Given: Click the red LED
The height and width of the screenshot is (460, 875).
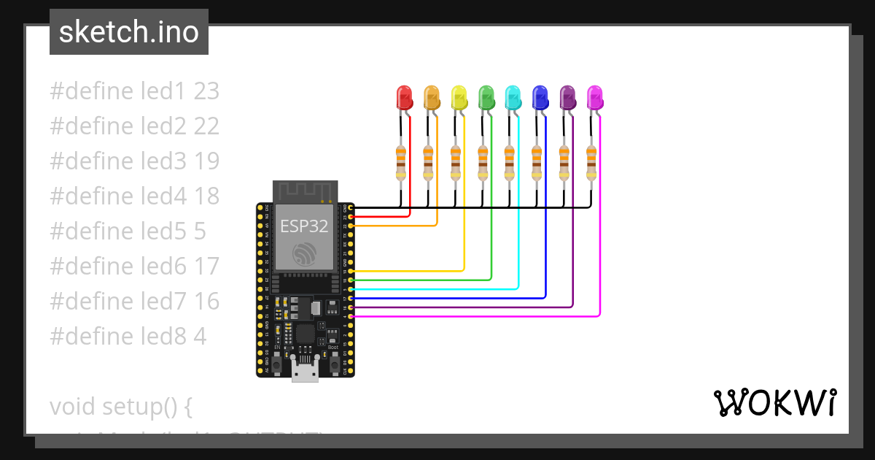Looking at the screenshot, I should click(404, 97).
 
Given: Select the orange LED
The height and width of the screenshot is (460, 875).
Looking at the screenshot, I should click(432, 97).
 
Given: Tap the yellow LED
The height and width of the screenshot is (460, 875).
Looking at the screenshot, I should click(459, 97).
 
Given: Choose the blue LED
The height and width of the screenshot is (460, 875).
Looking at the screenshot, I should click(540, 97).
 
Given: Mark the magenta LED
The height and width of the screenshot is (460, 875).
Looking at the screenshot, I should click(595, 97).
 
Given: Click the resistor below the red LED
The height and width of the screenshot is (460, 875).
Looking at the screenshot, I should click(400, 161).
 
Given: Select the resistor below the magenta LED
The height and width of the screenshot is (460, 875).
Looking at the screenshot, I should click(591, 161).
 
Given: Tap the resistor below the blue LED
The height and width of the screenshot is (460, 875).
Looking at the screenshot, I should click(537, 161).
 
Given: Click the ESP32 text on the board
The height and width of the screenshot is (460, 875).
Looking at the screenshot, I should click(305, 225).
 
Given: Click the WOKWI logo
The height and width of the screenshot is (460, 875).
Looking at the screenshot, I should click(774, 402).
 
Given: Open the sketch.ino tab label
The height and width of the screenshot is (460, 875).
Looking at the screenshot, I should click(129, 32).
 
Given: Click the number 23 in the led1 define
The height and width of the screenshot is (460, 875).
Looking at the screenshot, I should click(206, 91).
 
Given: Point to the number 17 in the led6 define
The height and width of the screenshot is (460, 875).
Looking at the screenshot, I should click(206, 267).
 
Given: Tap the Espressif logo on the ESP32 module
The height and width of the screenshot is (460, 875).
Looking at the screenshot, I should click(305, 254).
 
